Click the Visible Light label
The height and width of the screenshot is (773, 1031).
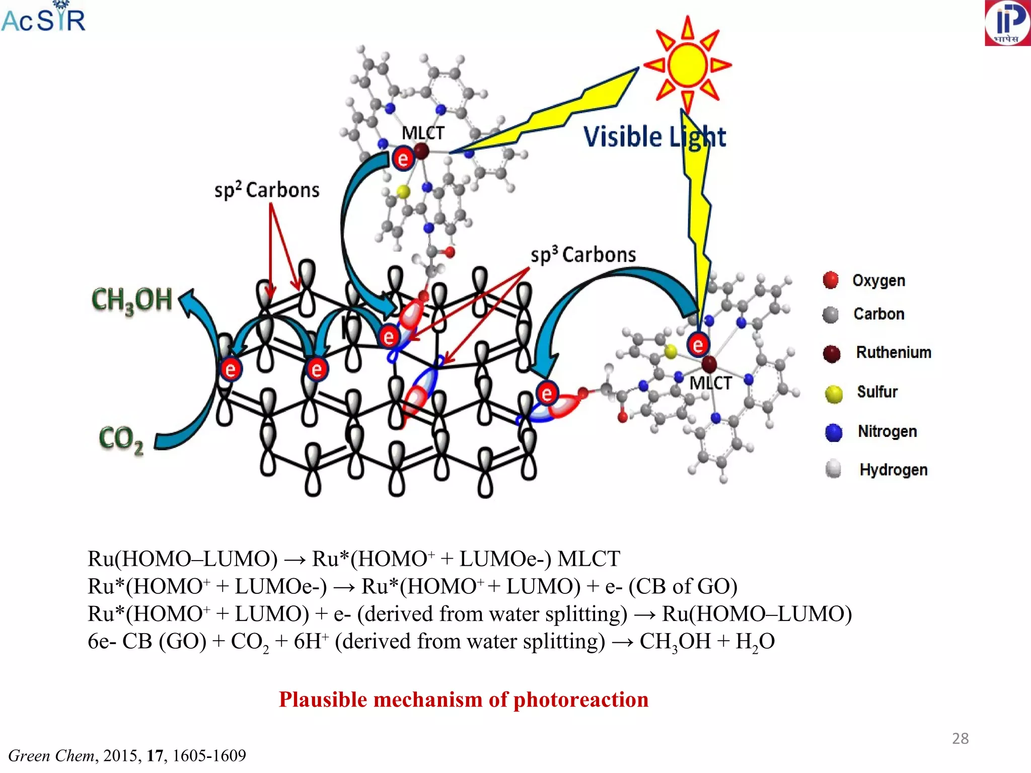point(654,137)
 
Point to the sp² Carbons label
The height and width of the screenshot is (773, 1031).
point(267,190)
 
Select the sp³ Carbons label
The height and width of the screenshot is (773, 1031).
point(583,255)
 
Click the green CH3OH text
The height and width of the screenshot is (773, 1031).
point(132,300)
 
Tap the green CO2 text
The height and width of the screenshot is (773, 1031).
point(121,439)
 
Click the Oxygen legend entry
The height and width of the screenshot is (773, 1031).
point(878,280)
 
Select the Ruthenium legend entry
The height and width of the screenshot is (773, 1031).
point(893,352)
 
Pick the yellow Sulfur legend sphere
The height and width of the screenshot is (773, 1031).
point(834,394)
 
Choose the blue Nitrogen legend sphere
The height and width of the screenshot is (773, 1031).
point(834,432)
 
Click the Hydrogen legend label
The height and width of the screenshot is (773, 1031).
point(893,470)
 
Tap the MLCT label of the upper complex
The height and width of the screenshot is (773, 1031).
point(423,133)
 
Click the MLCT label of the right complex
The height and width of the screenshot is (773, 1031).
point(710,383)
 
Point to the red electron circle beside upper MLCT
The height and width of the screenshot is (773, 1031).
point(403,159)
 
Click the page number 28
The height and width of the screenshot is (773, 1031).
point(960,738)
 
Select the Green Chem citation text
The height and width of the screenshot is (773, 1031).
point(127,755)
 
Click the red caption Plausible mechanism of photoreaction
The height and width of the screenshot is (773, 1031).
point(463,700)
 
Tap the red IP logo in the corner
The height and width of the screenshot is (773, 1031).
point(1007,23)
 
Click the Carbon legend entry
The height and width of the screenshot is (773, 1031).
point(878,314)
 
